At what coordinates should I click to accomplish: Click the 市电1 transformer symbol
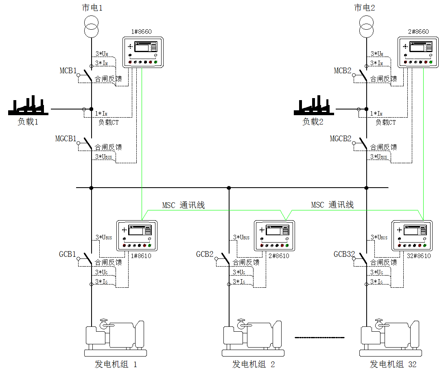(91, 27)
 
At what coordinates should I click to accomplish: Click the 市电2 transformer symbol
(366, 27)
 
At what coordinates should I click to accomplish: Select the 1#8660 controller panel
(143, 53)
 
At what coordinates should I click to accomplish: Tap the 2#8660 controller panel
(418, 53)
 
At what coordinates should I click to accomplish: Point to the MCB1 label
(68, 70)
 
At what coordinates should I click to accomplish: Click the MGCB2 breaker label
(341, 138)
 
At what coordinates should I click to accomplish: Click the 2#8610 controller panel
(274, 236)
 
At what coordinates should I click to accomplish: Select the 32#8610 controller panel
(412, 236)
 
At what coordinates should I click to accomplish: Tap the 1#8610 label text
(141, 256)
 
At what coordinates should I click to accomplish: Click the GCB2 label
(205, 254)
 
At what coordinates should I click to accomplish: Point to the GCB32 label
(344, 254)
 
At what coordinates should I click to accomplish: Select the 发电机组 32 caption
(393, 364)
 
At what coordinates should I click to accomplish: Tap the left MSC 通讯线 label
(184, 205)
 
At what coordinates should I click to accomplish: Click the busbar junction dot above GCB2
(229, 188)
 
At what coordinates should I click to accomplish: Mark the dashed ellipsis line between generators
(319, 337)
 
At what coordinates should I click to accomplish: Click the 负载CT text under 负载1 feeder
(108, 122)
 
